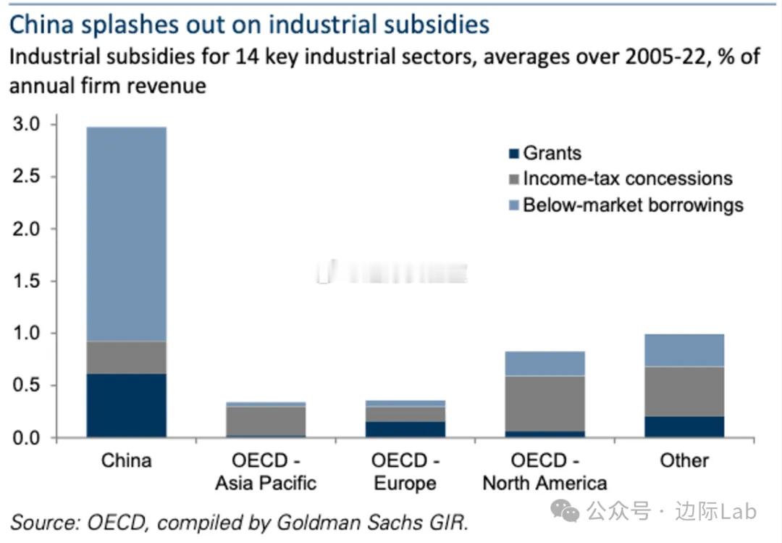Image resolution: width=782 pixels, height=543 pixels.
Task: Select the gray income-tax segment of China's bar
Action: pyautogui.click(x=126, y=357)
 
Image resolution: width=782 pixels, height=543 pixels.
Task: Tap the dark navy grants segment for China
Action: pyautogui.click(x=126, y=405)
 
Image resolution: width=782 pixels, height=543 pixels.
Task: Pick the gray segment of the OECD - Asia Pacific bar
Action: pyautogui.click(x=266, y=420)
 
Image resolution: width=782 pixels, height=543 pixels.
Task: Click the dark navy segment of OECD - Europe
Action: pyautogui.click(x=405, y=429)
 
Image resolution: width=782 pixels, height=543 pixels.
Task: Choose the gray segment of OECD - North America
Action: pyautogui.click(x=545, y=403)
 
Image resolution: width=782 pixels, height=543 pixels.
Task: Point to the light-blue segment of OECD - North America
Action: pyautogui.click(x=545, y=363)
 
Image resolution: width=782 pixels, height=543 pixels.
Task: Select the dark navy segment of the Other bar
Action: pyautogui.click(x=684, y=426)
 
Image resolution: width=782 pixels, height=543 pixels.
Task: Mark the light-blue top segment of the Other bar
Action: pyautogui.click(x=684, y=349)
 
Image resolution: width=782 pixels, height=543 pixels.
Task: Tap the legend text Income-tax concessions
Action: pyautogui.click(x=627, y=178)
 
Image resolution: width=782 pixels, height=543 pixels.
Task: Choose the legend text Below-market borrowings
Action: pyautogui.click(x=633, y=204)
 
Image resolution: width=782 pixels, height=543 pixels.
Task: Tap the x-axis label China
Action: pyautogui.click(x=126, y=460)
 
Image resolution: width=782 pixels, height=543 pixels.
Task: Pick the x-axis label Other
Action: pyautogui.click(x=684, y=460)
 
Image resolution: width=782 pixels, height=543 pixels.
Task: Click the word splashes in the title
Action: pyautogui.click(x=124, y=25)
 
